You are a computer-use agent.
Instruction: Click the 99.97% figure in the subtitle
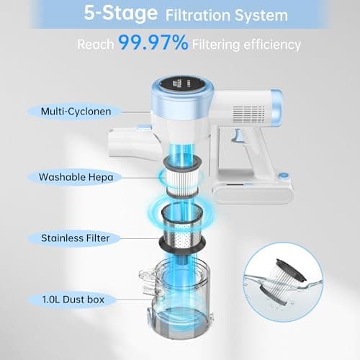(153, 42)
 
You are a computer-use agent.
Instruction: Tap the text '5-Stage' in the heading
(121, 14)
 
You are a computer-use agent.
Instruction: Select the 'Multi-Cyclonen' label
(76, 112)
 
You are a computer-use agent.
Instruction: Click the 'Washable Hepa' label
(76, 177)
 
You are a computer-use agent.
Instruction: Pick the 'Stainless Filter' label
(75, 238)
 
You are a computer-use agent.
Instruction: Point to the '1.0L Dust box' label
(73, 300)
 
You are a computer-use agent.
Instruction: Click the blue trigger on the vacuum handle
(238, 136)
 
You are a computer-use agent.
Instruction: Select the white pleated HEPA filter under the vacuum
(182, 177)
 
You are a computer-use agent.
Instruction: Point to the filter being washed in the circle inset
(283, 282)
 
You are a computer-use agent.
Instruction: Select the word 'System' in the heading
(261, 16)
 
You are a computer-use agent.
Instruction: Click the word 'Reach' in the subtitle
(96, 45)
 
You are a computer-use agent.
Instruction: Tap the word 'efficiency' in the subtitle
(272, 45)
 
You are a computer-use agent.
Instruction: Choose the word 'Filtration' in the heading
(198, 15)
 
